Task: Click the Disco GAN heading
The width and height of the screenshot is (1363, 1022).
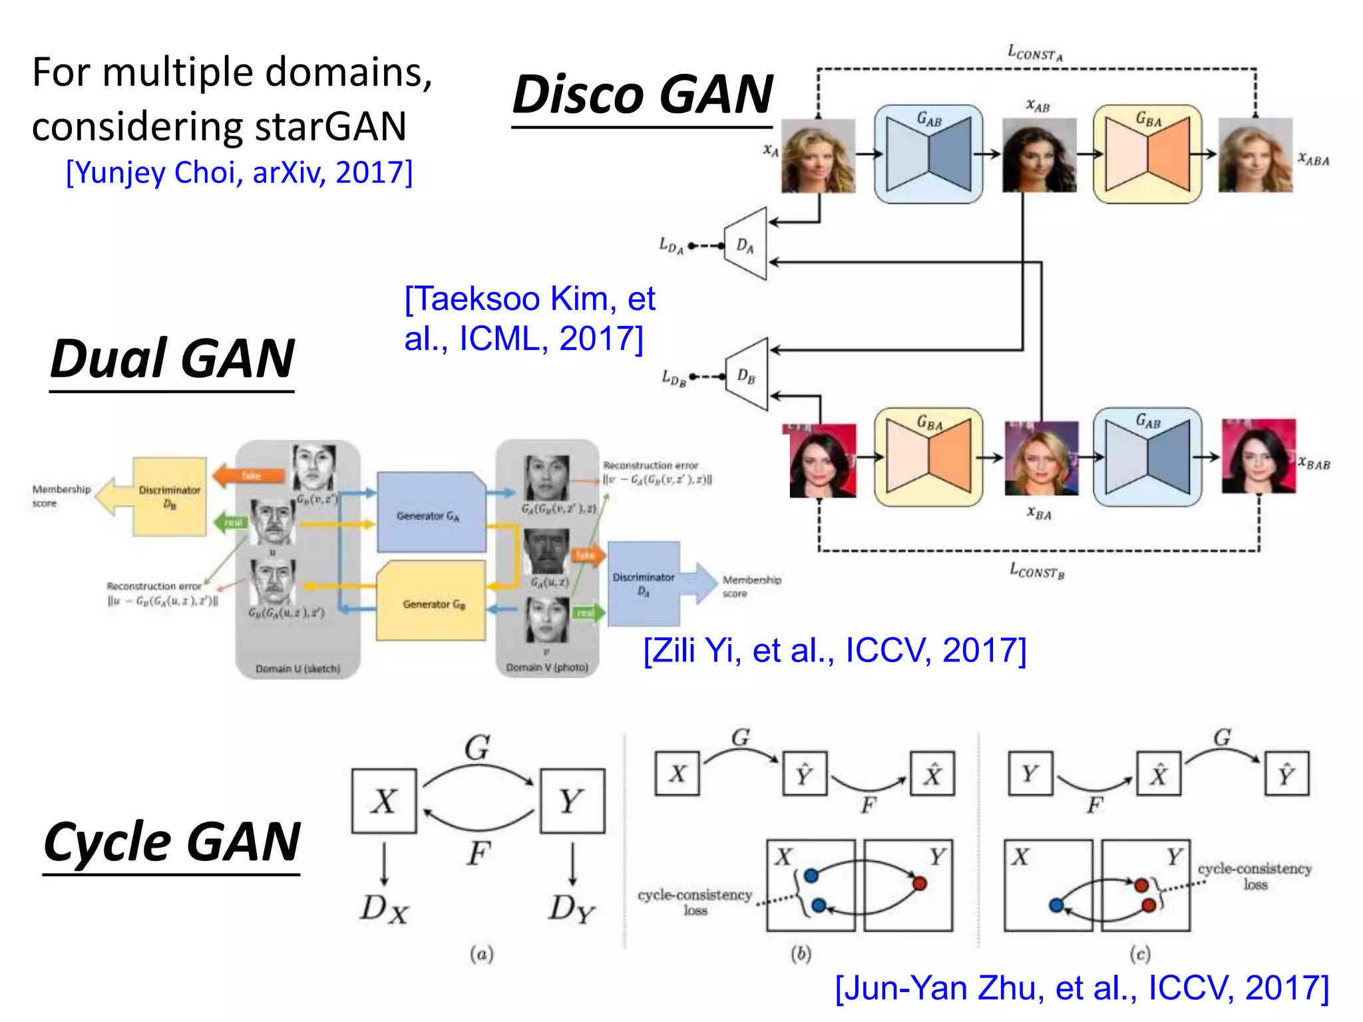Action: tap(642, 95)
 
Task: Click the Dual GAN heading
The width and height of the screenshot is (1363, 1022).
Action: tap(172, 359)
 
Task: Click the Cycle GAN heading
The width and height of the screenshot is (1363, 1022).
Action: tap(172, 842)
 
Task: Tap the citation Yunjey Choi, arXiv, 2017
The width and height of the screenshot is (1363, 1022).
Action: tap(240, 172)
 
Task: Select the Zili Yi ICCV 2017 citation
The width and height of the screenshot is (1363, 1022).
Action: tap(835, 650)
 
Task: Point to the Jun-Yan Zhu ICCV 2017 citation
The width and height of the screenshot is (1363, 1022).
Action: tap(1081, 987)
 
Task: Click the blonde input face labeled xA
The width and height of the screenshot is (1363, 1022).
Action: tap(818, 156)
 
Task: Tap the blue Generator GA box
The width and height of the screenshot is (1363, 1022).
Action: tap(431, 514)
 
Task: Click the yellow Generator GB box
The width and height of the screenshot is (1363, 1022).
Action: tap(431, 602)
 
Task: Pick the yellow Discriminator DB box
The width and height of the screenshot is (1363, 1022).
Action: tap(169, 496)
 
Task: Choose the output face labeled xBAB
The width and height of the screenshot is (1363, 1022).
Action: tap(1258, 456)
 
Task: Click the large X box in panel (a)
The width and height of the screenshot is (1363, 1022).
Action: tap(384, 801)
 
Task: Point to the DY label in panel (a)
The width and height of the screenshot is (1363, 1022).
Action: tap(571, 908)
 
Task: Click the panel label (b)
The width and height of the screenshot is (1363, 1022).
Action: tap(801, 954)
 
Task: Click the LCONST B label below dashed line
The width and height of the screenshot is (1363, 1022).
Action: tap(1037, 571)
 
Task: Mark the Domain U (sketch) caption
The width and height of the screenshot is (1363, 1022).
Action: tap(297, 669)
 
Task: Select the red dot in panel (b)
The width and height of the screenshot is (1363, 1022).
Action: tap(920, 884)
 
